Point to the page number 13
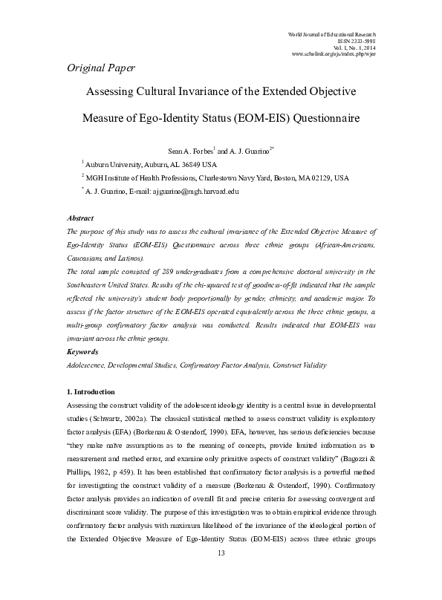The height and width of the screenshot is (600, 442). [221, 575]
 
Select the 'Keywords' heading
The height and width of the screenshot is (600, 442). [82, 350]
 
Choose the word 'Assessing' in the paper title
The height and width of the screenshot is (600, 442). [114, 92]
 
